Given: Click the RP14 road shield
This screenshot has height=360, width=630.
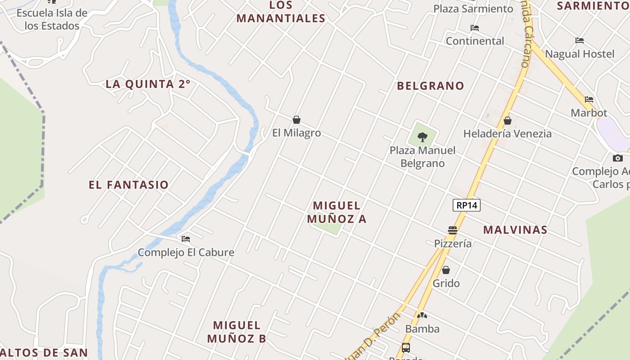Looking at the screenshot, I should coord(467,206).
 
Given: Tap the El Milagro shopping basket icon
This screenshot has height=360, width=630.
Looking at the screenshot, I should coord(297,120).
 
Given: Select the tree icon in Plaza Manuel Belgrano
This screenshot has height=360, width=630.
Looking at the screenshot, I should coord(423,137).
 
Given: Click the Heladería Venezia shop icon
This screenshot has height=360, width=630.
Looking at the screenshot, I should coord(508,121).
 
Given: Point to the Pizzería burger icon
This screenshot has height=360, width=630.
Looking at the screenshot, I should coord(453,230).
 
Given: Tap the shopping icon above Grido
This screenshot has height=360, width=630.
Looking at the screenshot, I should coord(446,270).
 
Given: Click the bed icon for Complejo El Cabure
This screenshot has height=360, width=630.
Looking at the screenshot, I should coord(186,239).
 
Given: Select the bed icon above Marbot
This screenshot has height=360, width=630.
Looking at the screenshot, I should coord(589,99).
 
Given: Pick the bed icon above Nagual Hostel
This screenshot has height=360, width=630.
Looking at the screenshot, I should coord(580,40).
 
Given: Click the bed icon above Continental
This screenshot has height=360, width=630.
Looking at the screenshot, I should coord(475,28).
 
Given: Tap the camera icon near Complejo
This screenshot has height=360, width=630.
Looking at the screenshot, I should coord(618,158).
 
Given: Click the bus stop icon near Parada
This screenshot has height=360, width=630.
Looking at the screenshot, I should coord(406,347).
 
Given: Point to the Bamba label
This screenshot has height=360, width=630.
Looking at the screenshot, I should coord(422,329).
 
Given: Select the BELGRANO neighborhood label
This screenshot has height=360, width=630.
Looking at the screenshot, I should coord(430,85).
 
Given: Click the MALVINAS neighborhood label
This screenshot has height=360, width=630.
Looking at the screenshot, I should coord(515,230).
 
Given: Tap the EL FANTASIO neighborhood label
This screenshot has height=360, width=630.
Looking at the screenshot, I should coord(129,184).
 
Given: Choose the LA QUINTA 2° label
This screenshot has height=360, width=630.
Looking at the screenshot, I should coord(148,84).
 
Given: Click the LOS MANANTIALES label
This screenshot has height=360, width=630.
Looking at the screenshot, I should coord(281,12).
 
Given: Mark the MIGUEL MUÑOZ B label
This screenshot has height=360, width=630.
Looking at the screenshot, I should coord(237,332).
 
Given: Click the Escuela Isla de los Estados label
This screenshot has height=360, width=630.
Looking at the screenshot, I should coord(52,19).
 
